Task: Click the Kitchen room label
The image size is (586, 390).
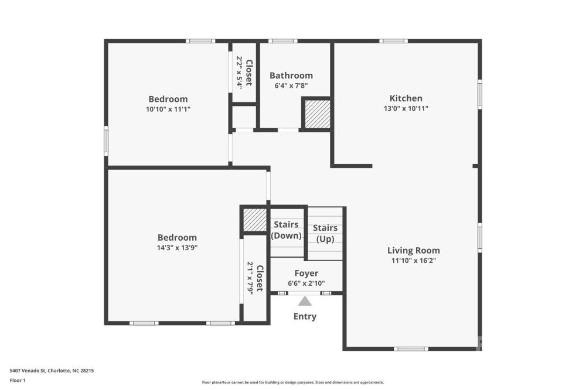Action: (406, 98)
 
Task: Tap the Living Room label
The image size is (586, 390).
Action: (413, 250)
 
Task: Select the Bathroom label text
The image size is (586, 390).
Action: (291, 76)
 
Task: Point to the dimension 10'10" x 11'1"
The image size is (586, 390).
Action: (168, 109)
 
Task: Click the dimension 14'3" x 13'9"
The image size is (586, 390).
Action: (177, 247)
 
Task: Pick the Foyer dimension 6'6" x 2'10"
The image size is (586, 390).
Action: (306, 283)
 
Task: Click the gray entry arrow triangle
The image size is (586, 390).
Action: (305, 301)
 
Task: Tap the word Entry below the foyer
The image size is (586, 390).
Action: (305, 316)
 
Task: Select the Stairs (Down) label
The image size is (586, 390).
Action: (287, 230)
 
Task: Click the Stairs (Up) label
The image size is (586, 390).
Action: (325, 234)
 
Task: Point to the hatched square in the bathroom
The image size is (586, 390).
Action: (316, 114)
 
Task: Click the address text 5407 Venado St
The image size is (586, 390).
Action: (28, 371)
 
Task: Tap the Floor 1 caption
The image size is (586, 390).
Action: (18, 380)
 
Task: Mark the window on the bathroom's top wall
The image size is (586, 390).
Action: (283, 41)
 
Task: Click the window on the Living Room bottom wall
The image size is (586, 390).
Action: (411, 349)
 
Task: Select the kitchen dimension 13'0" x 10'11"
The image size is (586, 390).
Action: (406, 108)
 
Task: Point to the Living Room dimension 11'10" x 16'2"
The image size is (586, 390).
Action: (414, 261)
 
